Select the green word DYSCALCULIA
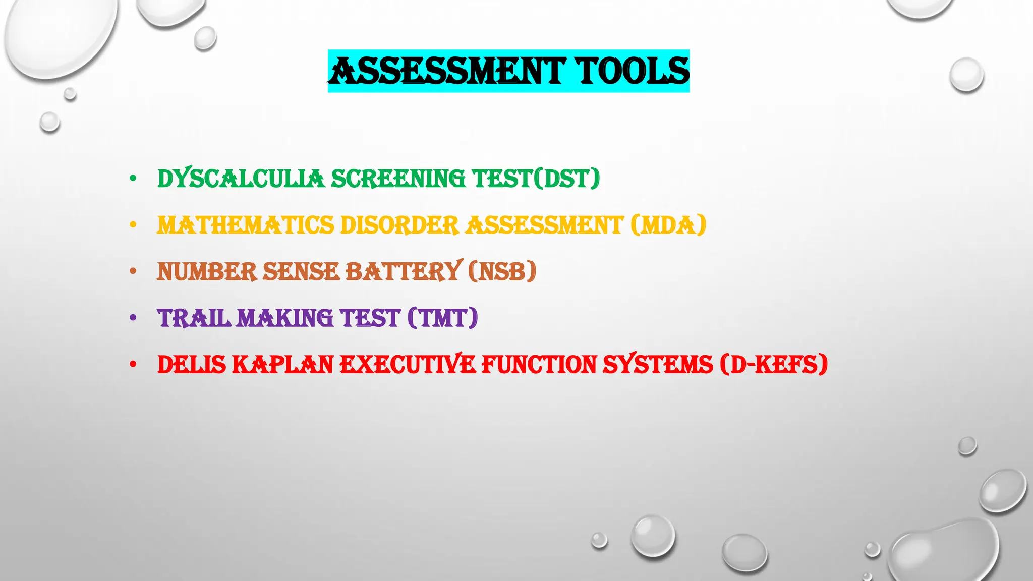(x=241, y=179)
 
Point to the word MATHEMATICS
(x=246, y=225)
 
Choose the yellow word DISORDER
(x=399, y=225)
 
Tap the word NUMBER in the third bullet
(x=207, y=271)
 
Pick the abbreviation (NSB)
(x=502, y=271)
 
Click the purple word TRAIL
(x=194, y=318)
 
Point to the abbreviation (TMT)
(x=442, y=318)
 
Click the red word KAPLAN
(x=282, y=365)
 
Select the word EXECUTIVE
(x=408, y=365)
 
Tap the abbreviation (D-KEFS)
(x=774, y=365)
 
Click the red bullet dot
(x=133, y=364)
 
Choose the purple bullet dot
(x=133, y=318)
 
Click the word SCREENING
(x=398, y=179)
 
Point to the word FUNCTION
(x=539, y=365)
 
